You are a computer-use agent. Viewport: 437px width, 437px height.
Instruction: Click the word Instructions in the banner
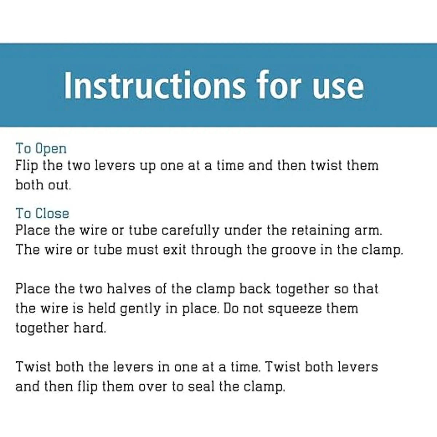pyautogui.click(x=155, y=85)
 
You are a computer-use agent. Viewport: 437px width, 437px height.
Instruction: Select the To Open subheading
pyautogui.click(x=41, y=149)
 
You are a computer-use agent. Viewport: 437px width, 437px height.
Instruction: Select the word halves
pyautogui.click(x=128, y=289)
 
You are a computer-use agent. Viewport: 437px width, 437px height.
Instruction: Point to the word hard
pyautogui.click(x=90, y=328)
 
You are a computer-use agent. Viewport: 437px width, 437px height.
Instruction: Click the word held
pyautogui.click(x=102, y=308)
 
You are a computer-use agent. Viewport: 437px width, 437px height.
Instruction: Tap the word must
pyautogui.click(x=142, y=250)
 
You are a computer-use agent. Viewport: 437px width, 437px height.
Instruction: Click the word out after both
pyautogui.click(x=59, y=185)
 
